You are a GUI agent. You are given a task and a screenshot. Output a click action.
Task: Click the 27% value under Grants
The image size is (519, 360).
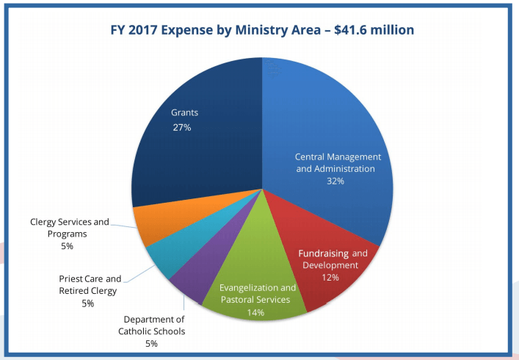coord(181,128)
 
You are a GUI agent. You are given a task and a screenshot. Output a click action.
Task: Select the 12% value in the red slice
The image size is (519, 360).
coord(330,278)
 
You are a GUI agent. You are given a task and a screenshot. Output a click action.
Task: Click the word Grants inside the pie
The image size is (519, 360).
coord(184,113)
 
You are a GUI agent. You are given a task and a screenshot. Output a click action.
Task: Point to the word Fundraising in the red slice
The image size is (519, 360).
coord(322,253)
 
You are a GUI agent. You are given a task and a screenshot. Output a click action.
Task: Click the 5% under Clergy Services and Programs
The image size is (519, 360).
coord(68,246)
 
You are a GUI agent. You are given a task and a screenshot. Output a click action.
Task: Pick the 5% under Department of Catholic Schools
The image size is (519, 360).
coord(151,343)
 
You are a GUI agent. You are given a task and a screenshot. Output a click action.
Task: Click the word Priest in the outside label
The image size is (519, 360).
coord(72,279)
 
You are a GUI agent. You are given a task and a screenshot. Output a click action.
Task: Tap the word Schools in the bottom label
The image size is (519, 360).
coord(168,331)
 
